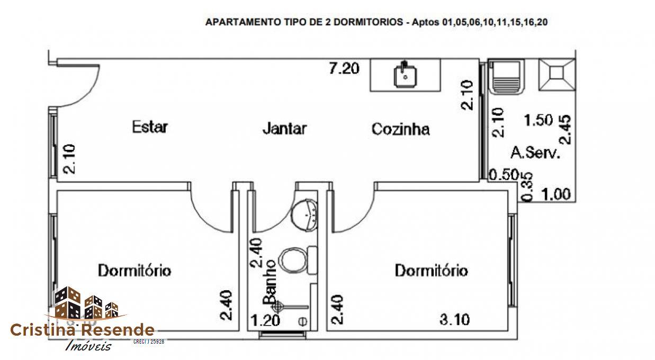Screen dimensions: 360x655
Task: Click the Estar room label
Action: point(150,127)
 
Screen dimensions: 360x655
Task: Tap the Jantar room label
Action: point(284,129)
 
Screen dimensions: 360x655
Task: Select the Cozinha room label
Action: point(400,129)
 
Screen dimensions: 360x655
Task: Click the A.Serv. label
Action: point(535,153)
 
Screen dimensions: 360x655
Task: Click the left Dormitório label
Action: point(134,270)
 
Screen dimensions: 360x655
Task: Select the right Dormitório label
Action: point(431,271)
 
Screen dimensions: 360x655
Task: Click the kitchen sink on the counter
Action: point(405,75)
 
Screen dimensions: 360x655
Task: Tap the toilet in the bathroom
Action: point(293,260)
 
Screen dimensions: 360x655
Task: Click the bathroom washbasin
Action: point(307,212)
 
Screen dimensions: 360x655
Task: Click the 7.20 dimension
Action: point(344,68)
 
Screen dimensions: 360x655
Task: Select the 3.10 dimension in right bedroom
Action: point(454,320)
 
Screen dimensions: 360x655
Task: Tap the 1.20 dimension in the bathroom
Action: point(265,320)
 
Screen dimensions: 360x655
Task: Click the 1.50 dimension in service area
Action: point(538,120)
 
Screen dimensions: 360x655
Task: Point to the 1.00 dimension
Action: point(555,195)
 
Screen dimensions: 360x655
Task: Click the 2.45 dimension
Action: point(566,130)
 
